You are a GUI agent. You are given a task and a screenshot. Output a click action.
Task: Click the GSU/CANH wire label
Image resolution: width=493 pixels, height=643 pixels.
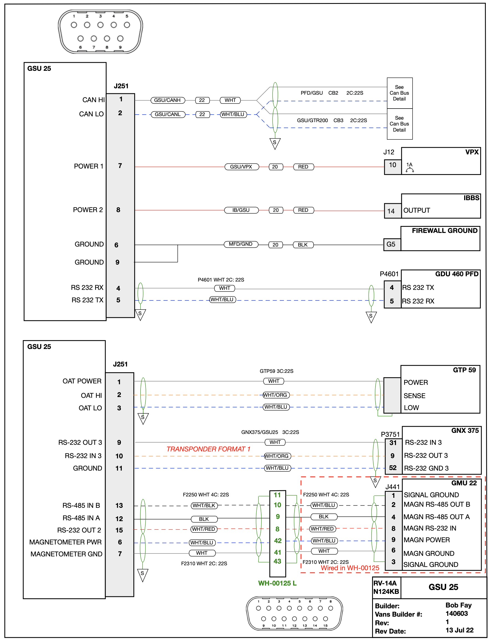(x=167, y=100)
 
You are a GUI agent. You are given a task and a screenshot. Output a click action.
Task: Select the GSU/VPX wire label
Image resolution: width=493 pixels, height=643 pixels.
(x=241, y=167)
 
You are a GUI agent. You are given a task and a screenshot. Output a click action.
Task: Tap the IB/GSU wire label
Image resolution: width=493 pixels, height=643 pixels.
(x=241, y=210)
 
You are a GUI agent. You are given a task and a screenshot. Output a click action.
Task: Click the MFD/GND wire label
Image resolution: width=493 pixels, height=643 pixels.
(x=241, y=244)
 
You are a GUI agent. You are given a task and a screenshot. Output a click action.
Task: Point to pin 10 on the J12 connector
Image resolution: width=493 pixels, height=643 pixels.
(x=392, y=165)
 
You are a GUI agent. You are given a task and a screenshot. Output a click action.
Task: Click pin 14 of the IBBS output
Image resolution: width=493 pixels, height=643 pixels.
(x=391, y=211)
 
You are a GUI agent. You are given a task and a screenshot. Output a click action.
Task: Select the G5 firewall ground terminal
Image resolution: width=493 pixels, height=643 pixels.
(x=391, y=244)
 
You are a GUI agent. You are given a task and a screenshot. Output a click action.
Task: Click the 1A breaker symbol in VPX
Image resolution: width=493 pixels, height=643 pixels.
(x=410, y=167)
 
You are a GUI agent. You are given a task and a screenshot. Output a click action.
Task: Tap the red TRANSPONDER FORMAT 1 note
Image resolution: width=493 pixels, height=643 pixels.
(x=208, y=449)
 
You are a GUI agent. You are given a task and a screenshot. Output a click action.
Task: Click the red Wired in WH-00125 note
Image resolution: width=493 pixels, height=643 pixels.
(x=350, y=568)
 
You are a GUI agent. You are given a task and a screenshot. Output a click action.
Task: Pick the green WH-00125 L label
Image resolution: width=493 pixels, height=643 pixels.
(x=277, y=583)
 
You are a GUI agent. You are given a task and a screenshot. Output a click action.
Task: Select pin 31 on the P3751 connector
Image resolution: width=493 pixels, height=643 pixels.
(x=393, y=443)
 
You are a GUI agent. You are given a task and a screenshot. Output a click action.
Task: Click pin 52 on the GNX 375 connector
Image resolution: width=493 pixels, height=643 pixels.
(x=393, y=468)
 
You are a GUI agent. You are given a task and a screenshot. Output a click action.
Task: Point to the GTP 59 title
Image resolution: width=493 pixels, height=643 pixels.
(x=464, y=370)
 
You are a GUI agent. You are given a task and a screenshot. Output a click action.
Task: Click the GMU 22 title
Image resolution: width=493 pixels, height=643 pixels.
(x=464, y=483)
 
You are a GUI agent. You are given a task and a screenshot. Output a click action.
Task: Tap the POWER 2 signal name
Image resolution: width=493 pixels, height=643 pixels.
(x=88, y=210)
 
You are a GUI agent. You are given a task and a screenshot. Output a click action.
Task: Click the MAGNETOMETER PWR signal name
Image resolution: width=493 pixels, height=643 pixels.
(x=65, y=542)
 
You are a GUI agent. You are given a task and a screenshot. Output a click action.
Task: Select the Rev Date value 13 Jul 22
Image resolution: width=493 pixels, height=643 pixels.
(x=459, y=630)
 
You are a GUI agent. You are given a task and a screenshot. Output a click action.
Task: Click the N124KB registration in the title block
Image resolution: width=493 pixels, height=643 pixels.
(x=386, y=592)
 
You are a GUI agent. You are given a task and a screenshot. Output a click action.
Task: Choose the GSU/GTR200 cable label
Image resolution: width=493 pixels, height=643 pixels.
(x=312, y=120)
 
